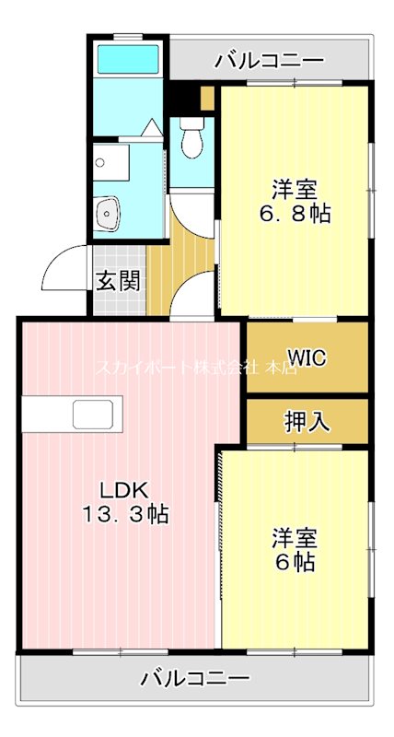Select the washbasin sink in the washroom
tap(110, 214)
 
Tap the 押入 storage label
tap(307, 422)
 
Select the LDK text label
tap(118, 489)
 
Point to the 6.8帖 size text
tap(294, 214)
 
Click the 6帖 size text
tap(294, 562)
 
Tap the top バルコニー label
tap(269, 62)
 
